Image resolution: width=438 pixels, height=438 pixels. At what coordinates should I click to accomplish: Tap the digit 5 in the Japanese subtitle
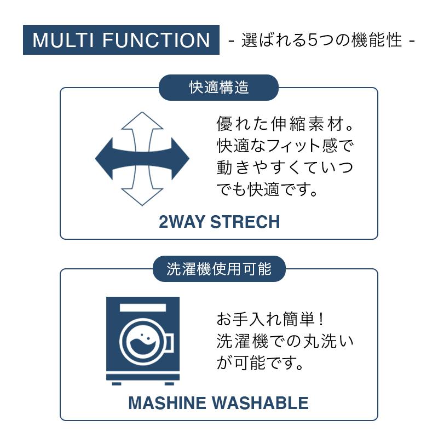[x=313, y=41]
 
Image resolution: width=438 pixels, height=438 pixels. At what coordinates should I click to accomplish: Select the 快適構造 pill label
[x=218, y=88]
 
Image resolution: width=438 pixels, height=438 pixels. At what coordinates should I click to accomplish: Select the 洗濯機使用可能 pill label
[x=218, y=269]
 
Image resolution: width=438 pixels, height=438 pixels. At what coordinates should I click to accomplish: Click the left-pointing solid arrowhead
[x=104, y=159]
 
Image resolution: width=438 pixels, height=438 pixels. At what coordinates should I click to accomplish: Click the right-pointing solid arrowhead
[x=180, y=159]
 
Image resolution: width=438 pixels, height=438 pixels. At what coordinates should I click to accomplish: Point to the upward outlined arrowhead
[x=142, y=120]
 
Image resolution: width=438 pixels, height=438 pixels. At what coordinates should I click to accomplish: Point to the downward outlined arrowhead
[x=142, y=197]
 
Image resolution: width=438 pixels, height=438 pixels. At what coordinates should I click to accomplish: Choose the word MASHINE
[x=167, y=404]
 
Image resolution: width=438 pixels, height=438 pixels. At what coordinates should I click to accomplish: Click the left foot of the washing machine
[x=117, y=383]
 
